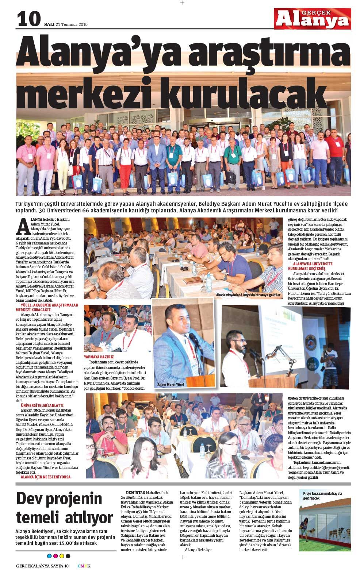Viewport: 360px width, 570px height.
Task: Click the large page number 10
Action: click(28, 19)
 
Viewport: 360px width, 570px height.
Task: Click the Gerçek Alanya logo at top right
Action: click(312, 19)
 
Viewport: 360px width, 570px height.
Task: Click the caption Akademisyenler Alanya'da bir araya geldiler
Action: click(248, 294)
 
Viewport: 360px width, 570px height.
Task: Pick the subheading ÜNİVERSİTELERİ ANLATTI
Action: click(42, 405)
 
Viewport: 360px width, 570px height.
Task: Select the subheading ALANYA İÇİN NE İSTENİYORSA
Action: click(46, 477)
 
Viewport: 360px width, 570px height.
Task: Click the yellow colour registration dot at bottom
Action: click(61, 556)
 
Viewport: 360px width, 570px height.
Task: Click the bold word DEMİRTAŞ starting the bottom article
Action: click(135, 492)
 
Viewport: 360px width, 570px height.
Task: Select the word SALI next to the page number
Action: click(49, 25)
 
